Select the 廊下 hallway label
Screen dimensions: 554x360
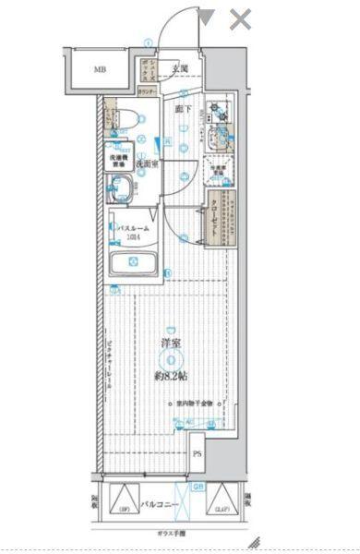coord(183,109)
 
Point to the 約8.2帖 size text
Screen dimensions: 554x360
coord(172,376)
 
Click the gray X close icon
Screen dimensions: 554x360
coord(240,18)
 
